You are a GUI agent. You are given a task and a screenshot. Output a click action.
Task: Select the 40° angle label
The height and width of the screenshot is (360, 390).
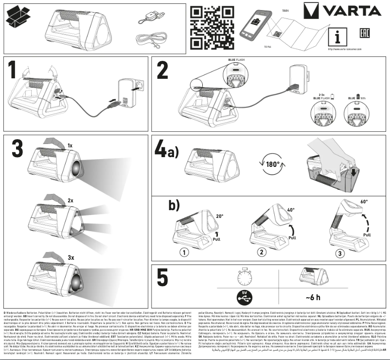[290, 210]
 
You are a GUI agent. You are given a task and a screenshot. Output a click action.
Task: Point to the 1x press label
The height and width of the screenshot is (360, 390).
[70, 145]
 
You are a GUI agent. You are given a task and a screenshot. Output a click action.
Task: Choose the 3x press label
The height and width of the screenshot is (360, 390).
[71, 256]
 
